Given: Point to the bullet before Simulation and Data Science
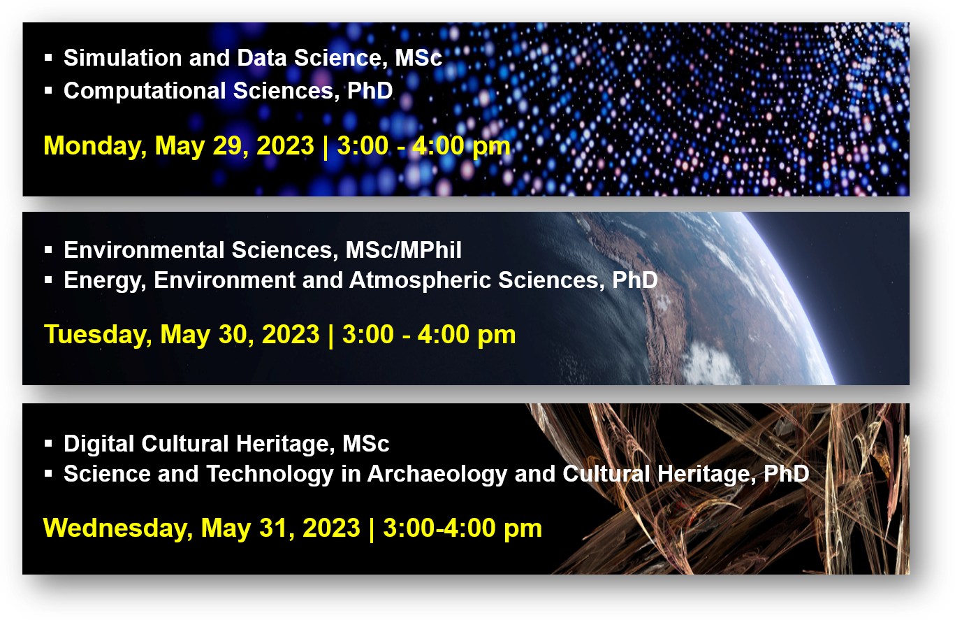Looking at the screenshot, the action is tap(48, 57).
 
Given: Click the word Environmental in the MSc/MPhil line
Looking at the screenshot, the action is tap(144, 250).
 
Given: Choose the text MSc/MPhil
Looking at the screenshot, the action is tap(403, 250).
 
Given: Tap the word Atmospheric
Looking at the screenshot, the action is tap(420, 281).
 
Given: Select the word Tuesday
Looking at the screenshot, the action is tap(98, 335).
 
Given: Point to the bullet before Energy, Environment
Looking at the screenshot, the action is tap(48, 280).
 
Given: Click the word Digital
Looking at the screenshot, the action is tap(99, 444).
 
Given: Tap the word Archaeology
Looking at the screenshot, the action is tap(437, 475).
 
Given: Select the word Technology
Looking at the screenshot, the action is tap(270, 475).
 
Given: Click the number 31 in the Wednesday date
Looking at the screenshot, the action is tap(276, 528).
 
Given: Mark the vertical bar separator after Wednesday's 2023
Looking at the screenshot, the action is tap(372, 529).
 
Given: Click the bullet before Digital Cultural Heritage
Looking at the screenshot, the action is tap(48, 444).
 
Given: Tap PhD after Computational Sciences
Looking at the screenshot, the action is tap(370, 90).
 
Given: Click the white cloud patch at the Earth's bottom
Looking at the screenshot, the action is tap(711, 363).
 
